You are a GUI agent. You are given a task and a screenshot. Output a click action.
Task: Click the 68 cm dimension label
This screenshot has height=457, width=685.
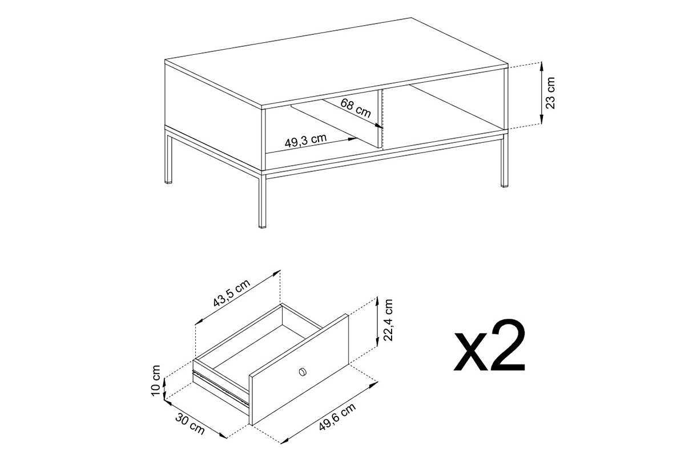[356, 108]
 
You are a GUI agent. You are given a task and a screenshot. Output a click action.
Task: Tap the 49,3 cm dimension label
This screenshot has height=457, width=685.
[305, 141]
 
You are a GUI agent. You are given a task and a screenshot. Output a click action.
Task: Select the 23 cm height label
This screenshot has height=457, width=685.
[550, 93]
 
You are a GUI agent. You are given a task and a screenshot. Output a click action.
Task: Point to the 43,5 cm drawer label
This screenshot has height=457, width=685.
[232, 293]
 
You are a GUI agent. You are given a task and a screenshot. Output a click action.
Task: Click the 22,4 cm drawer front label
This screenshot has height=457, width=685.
[388, 320]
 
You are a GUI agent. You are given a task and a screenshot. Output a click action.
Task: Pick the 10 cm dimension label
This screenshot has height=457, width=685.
[156, 380]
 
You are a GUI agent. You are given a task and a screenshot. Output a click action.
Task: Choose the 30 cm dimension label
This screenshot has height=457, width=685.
[190, 424]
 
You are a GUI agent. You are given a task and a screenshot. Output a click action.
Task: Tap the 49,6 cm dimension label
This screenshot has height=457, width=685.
[337, 416]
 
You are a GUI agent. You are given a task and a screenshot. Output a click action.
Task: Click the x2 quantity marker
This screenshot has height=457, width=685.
[489, 346]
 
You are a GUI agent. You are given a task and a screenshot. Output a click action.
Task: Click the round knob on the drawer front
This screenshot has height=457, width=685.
[303, 372]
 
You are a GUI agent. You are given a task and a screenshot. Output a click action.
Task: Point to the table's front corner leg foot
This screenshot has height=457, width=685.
[263, 226]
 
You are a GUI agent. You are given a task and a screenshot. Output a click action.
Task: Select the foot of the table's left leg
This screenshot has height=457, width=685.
[168, 182]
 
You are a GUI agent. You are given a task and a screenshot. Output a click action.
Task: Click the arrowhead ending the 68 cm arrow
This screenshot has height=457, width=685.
[380, 126]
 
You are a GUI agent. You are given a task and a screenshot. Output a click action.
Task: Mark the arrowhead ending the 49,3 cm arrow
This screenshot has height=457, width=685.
[353, 139]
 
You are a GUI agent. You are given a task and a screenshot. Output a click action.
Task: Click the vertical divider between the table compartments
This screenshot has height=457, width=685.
[380, 119]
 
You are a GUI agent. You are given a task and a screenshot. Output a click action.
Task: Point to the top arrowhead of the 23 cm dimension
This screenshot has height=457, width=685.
[541, 66]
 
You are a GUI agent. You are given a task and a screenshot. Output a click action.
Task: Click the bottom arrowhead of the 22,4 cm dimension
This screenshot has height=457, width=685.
[377, 341]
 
